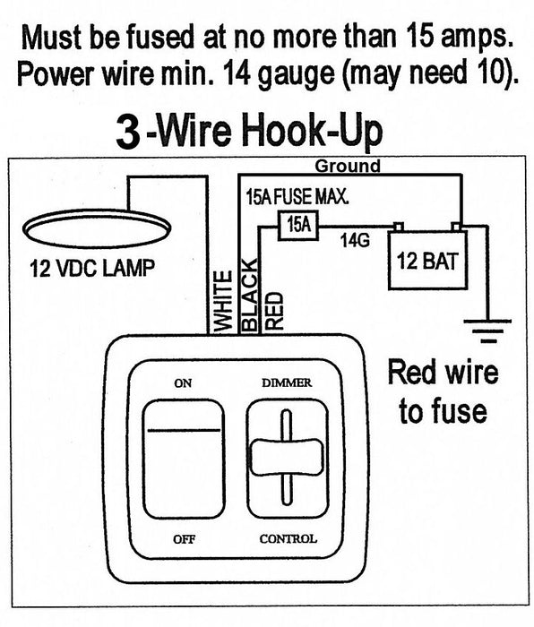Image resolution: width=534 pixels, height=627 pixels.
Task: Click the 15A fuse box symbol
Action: pyautogui.click(x=299, y=226)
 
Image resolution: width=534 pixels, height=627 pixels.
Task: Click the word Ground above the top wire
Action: pyautogui.click(x=347, y=166)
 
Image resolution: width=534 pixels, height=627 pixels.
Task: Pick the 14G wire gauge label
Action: pyautogui.click(x=355, y=240)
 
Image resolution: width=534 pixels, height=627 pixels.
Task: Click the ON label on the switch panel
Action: pyautogui.click(x=183, y=383)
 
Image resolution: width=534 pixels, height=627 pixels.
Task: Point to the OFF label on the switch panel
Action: pyautogui.click(x=184, y=538)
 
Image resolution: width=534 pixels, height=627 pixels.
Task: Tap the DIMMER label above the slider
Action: pyautogui.click(x=287, y=383)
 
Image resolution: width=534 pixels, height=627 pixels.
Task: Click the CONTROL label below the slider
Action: pyautogui.click(x=288, y=538)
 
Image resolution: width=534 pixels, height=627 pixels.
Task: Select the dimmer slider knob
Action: pyautogui.click(x=286, y=457)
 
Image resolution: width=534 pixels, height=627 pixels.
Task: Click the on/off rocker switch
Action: pyautogui.click(x=184, y=459)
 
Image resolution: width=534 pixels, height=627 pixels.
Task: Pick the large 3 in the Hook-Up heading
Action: pyautogui.click(x=131, y=133)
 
